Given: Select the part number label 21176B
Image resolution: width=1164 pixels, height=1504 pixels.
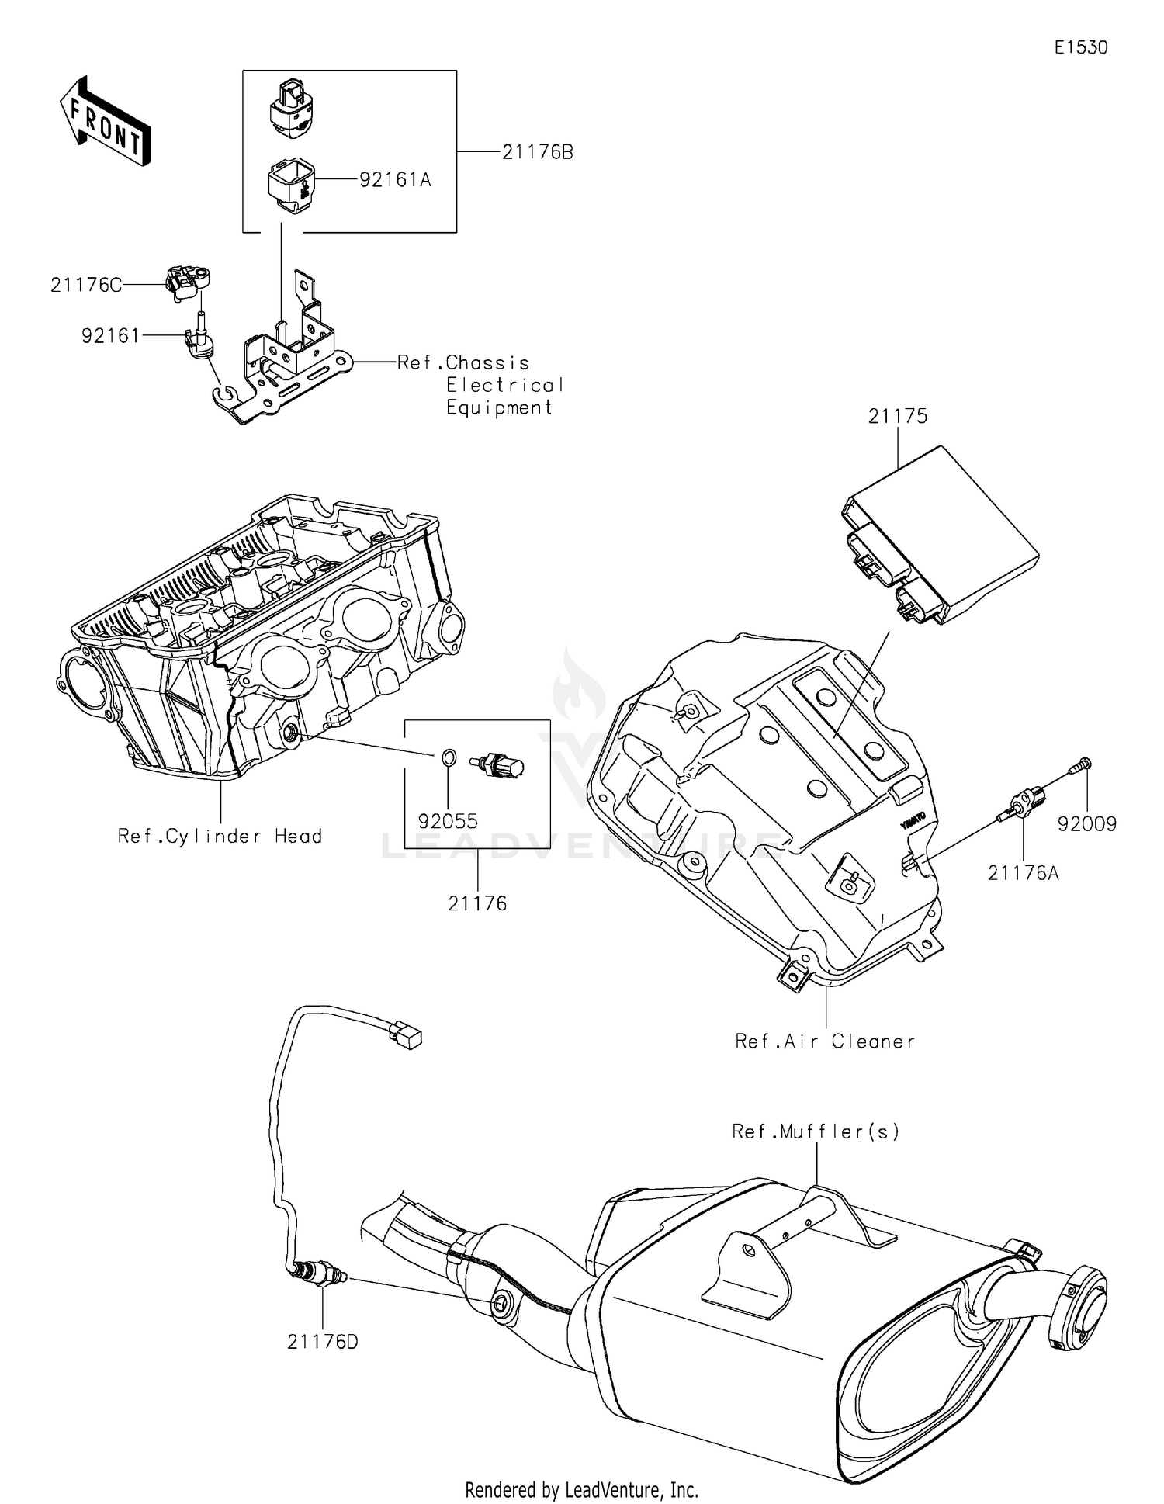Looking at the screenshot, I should pyautogui.click(x=537, y=153).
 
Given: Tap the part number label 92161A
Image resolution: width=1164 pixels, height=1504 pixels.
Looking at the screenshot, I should pyautogui.click(x=395, y=180).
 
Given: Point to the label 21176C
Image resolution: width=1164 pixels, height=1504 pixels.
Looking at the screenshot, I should pyautogui.click(x=86, y=286).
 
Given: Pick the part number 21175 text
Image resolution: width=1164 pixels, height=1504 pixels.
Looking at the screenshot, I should pyautogui.click(x=897, y=417).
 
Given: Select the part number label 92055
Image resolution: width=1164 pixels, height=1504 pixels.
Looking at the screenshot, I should pyautogui.click(x=448, y=821).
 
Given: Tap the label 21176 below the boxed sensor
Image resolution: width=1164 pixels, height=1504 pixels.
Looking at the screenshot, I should pyautogui.click(x=477, y=903).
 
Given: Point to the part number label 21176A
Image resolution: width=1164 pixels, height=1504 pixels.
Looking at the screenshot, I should pyautogui.click(x=1023, y=874).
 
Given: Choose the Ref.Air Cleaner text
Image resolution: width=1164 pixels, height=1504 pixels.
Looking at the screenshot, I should pyautogui.click(x=825, y=1041).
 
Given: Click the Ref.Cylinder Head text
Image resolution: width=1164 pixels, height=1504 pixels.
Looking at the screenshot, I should pyautogui.click(x=220, y=837).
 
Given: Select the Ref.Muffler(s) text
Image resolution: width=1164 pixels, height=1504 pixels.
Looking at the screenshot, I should pyautogui.click(x=816, y=1131).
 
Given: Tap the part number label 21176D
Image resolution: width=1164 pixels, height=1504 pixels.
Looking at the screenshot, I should pyautogui.click(x=323, y=1342).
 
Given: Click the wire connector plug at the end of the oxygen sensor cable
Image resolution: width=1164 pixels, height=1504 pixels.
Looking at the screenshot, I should pyautogui.click(x=406, y=1035).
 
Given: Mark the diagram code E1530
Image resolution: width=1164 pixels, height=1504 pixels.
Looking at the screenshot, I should pyautogui.click(x=1080, y=47).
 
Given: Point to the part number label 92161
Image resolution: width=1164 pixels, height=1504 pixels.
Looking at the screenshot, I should pyautogui.click(x=111, y=336).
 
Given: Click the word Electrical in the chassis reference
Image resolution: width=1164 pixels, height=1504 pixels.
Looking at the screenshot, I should pyautogui.click(x=504, y=385).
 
